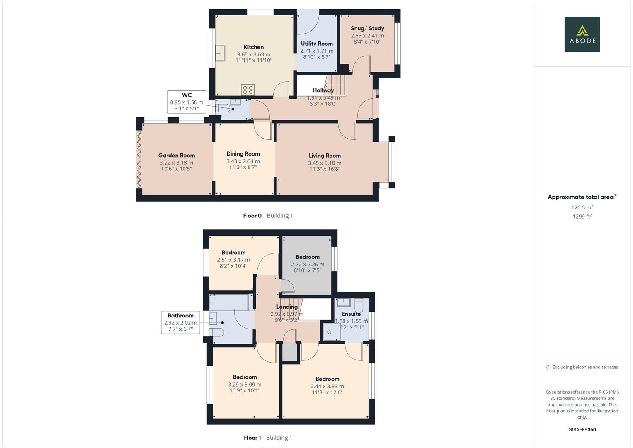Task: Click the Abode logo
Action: point(582,34)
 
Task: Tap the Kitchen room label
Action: point(253,47)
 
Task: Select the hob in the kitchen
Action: point(248,90)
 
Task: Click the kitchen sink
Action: point(220,53)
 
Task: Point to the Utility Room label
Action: point(317,44)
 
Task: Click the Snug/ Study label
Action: point(367,28)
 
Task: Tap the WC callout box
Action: point(187,102)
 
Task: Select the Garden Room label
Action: point(177,155)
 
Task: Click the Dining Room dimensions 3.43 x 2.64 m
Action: point(243,161)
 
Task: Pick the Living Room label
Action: point(325,156)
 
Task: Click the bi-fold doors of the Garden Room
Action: point(139,159)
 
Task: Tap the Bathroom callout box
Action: point(181,322)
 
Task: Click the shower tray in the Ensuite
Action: point(332,332)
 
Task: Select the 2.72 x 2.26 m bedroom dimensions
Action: point(308,265)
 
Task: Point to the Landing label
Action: point(287,307)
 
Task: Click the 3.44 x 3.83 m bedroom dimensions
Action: point(327,386)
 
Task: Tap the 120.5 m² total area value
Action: point(582,207)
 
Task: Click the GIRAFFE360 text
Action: point(582,429)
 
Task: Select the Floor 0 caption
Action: point(252,216)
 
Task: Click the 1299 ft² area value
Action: point(582,217)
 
